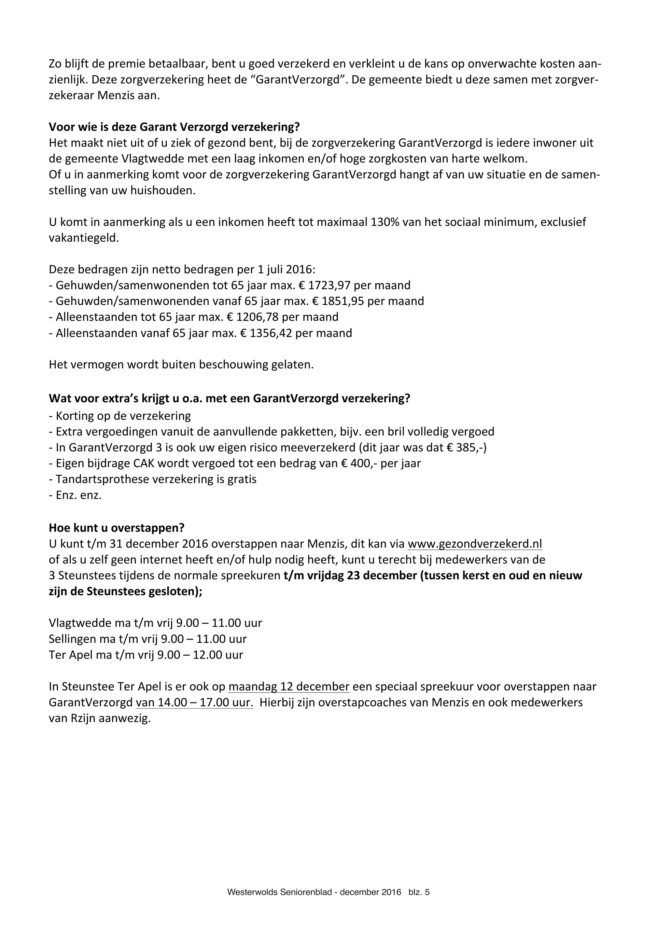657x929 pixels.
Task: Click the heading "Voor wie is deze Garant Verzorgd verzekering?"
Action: click(174, 127)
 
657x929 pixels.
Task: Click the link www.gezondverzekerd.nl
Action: click(474, 543)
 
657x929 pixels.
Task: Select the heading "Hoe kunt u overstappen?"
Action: click(117, 528)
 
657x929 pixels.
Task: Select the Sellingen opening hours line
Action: click(148, 639)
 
